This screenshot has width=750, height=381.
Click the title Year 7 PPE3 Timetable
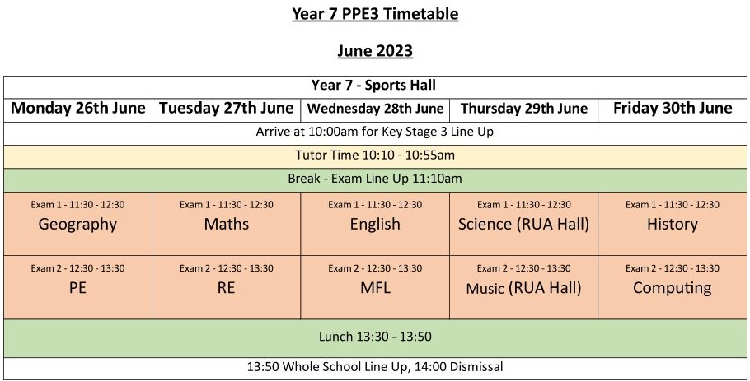pyautogui.click(x=375, y=14)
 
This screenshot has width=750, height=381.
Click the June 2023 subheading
pyautogui.click(x=375, y=51)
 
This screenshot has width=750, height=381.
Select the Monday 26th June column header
pyautogui.click(x=78, y=108)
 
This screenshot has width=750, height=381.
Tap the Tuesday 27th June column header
pyautogui.click(x=227, y=108)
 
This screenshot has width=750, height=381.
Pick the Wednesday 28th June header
pyautogui.click(x=376, y=109)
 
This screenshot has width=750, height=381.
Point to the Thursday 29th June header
pyautogui.click(x=524, y=109)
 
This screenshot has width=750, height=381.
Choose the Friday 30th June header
pyautogui.click(x=673, y=108)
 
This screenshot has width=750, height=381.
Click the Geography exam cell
pyautogui.click(x=77, y=225)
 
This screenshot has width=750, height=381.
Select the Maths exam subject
pyautogui.click(x=227, y=224)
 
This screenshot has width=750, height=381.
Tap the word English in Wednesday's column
pyautogui.click(x=375, y=225)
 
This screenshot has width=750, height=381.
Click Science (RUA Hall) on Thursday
pyautogui.click(x=523, y=225)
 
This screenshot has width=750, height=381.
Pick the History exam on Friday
pyautogui.click(x=673, y=225)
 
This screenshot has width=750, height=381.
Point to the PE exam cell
pyautogui.click(x=78, y=288)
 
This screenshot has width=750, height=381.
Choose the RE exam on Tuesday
pyautogui.click(x=227, y=288)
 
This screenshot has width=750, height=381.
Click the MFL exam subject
pyautogui.click(x=376, y=288)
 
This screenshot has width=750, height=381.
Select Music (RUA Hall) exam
pyautogui.click(x=523, y=288)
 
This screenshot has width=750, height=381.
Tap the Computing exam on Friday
pyautogui.click(x=673, y=288)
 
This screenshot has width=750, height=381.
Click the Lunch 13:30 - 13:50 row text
pyautogui.click(x=375, y=337)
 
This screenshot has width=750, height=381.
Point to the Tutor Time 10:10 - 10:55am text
pyautogui.click(x=375, y=156)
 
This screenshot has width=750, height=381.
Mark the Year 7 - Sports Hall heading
pyautogui.click(x=373, y=86)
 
